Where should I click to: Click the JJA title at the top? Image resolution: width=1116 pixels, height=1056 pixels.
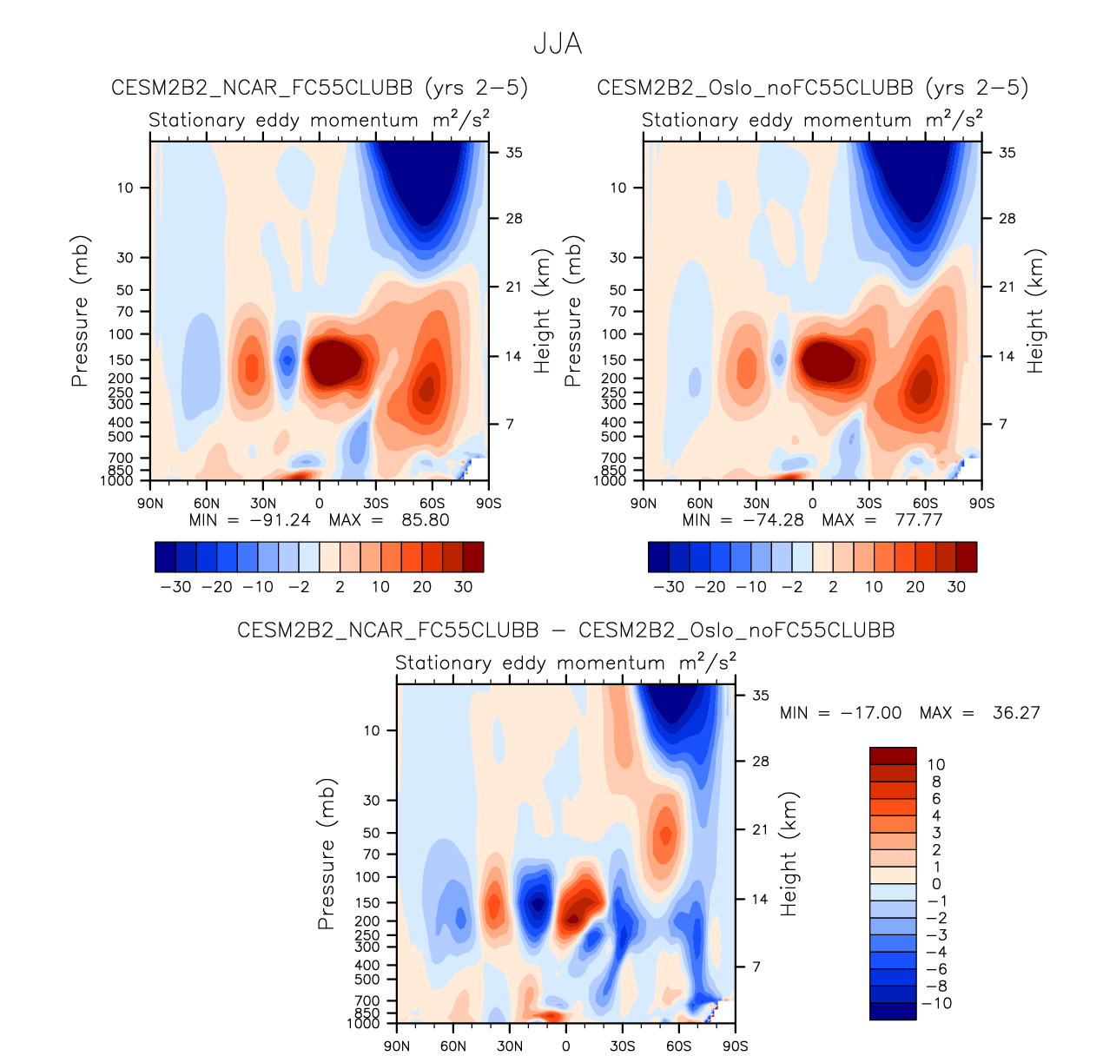[x=557, y=44]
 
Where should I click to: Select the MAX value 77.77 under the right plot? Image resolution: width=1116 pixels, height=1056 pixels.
[x=918, y=520]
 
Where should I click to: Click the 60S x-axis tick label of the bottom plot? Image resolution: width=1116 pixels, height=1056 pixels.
[x=678, y=1046]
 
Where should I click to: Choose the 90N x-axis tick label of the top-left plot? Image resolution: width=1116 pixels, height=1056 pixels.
[x=150, y=503]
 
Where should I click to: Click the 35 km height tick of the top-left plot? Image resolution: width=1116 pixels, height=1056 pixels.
[x=514, y=153]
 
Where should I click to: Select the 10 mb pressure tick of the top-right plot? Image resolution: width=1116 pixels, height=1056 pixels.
[x=617, y=188]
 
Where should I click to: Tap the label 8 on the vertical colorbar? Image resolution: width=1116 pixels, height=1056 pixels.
[x=936, y=782]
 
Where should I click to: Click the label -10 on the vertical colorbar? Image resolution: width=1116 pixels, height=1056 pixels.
[x=936, y=1003]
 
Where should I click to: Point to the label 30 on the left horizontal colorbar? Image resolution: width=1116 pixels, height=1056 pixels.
[x=463, y=587]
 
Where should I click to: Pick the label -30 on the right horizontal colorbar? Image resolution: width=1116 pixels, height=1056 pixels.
[x=668, y=587]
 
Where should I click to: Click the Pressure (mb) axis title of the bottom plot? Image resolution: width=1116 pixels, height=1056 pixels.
[x=326, y=854]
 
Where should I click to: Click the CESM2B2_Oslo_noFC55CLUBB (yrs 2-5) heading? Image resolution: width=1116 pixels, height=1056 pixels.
[x=812, y=88]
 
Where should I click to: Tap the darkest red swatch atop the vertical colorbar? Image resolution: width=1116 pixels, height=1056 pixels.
[x=893, y=756]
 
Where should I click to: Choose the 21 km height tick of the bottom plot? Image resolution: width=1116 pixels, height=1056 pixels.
[x=761, y=829]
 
